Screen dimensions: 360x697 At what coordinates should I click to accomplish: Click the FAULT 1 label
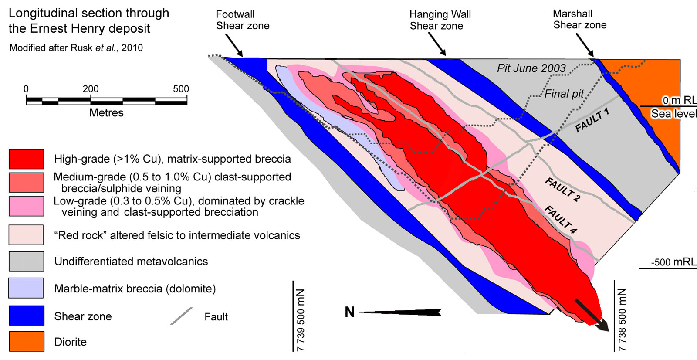click(x=592, y=121)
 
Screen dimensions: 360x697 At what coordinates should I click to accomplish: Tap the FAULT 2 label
click(x=562, y=190)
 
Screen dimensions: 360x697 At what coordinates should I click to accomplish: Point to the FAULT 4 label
click(x=561, y=220)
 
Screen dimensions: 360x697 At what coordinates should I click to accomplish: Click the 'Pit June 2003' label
click(x=531, y=68)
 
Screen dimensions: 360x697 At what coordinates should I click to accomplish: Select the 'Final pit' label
click(x=564, y=94)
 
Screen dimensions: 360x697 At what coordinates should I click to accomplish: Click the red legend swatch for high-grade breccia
click(x=27, y=159)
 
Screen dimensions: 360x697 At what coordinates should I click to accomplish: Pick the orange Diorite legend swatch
click(x=27, y=341)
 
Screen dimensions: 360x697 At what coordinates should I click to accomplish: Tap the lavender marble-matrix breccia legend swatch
click(x=26, y=288)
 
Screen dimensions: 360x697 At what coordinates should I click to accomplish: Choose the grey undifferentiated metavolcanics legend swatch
click(x=27, y=262)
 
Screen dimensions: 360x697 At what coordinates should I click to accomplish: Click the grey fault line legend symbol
click(x=181, y=316)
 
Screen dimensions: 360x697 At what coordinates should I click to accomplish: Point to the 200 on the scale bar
click(x=91, y=89)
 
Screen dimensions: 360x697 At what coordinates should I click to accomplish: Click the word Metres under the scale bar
click(x=106, y=113)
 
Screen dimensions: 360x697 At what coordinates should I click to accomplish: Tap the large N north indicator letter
click(x=349, y=312)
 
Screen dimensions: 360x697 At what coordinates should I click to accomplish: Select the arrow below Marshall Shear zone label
click(x=585, y=44)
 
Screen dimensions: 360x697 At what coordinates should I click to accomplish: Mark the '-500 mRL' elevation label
click(x=673, y=262)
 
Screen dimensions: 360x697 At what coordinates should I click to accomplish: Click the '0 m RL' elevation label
click(x=679, y=101)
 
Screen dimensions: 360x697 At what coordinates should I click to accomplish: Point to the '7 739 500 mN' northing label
click(x=301, y=319)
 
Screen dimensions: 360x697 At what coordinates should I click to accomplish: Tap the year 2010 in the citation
click(x=132, y=48)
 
